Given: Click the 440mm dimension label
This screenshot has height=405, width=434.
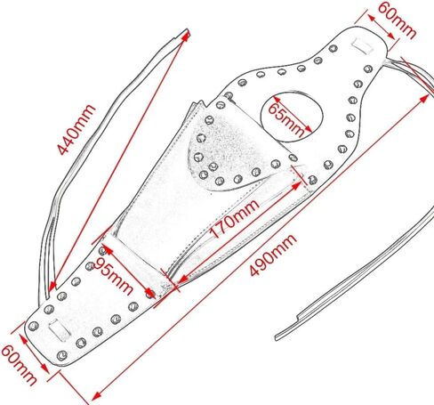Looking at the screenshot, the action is (76, 129).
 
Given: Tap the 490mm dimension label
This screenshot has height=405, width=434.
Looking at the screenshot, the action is (273, 255).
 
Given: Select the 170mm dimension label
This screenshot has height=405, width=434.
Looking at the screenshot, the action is (235, 219).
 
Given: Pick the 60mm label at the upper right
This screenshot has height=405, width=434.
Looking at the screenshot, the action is (397, 20).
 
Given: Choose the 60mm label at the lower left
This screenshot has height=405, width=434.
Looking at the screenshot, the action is (19, 365).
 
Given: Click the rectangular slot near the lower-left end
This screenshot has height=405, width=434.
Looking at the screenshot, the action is (60, 330).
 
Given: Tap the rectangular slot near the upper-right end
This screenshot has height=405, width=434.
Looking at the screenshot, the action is (362, 45).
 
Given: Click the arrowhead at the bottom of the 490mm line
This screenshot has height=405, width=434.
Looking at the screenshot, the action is (96, 396).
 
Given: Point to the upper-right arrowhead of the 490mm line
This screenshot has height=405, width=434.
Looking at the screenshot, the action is (424, 98).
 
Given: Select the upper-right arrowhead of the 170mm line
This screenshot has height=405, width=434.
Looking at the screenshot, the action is (296, 186).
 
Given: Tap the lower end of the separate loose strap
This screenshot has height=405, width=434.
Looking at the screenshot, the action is (277, 338).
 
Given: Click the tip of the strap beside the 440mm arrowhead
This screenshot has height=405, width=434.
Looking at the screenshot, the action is (188, 29).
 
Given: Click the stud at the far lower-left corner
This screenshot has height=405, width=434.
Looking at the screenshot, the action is (33, 326).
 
